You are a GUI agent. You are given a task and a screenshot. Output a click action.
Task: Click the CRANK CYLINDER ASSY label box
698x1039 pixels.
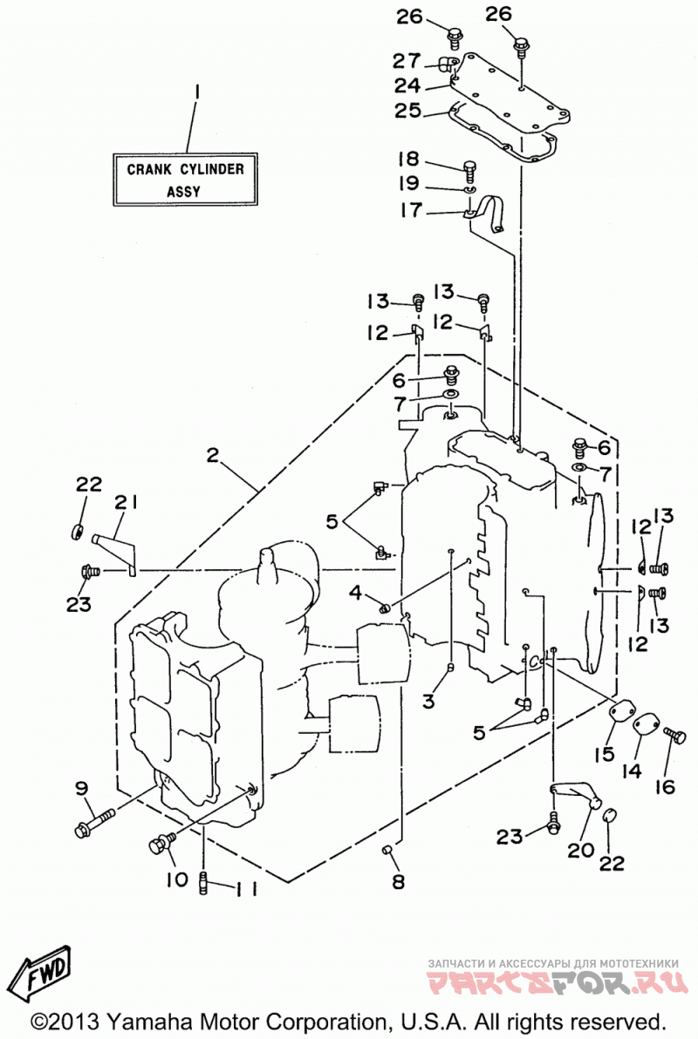tap(185, 180)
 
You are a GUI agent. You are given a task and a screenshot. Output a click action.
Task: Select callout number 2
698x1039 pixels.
tap(212, 456)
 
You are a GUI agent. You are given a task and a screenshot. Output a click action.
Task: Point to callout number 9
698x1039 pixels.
tap(82, 788)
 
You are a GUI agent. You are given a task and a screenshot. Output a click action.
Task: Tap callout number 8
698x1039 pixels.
tap(398, 882)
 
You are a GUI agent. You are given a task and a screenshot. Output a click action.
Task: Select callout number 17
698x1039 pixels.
tap(411, 210)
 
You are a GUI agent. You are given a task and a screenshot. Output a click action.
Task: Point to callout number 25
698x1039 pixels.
tap(408, 111)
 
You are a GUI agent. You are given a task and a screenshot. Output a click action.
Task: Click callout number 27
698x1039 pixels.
tap(407, 61)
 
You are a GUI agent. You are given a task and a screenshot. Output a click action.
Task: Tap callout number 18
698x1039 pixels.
tap(408, 159)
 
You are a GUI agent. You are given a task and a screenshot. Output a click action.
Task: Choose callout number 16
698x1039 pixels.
tap(664, 786)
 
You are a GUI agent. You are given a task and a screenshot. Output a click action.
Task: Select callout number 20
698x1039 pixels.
tap(580, 850)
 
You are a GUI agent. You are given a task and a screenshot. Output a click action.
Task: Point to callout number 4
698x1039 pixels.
tap(356, 592)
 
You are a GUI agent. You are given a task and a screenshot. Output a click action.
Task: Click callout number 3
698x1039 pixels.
tap(428, 701)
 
